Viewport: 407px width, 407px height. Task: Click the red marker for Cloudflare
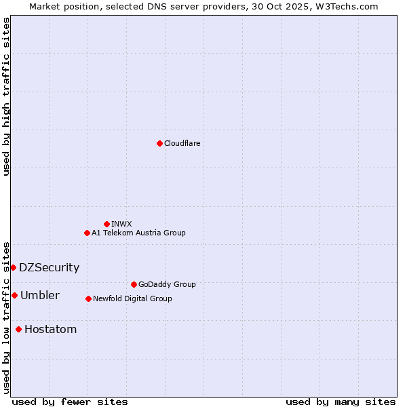pos(159,143)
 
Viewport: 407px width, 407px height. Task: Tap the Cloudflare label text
pos(182,143)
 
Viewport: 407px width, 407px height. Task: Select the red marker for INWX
pos(106,224)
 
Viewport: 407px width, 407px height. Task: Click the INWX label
pos(122,224)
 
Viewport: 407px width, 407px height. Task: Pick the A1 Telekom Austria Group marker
pos(87,233)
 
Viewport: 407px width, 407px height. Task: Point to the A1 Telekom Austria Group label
pos(138,233)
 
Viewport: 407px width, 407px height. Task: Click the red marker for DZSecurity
pos(13,267)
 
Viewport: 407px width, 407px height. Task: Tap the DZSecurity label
pos(49,267)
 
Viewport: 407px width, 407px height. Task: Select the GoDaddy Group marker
pos(134,284)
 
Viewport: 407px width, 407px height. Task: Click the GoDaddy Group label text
pos(167,284)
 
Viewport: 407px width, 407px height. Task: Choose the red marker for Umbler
pos(14,295)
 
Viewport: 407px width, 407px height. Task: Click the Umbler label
pos(40,295)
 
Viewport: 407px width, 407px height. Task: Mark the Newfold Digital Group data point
pos(88,298)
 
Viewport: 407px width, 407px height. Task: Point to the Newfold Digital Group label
pos(132,298)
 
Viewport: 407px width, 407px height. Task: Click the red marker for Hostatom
pos(18,330)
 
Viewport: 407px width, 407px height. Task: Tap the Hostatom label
pos(50,330)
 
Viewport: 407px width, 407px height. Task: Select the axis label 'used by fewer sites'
pos(70,402)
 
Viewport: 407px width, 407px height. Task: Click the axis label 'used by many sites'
pos(341,402)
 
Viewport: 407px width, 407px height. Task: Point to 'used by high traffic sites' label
pos(6,96)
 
